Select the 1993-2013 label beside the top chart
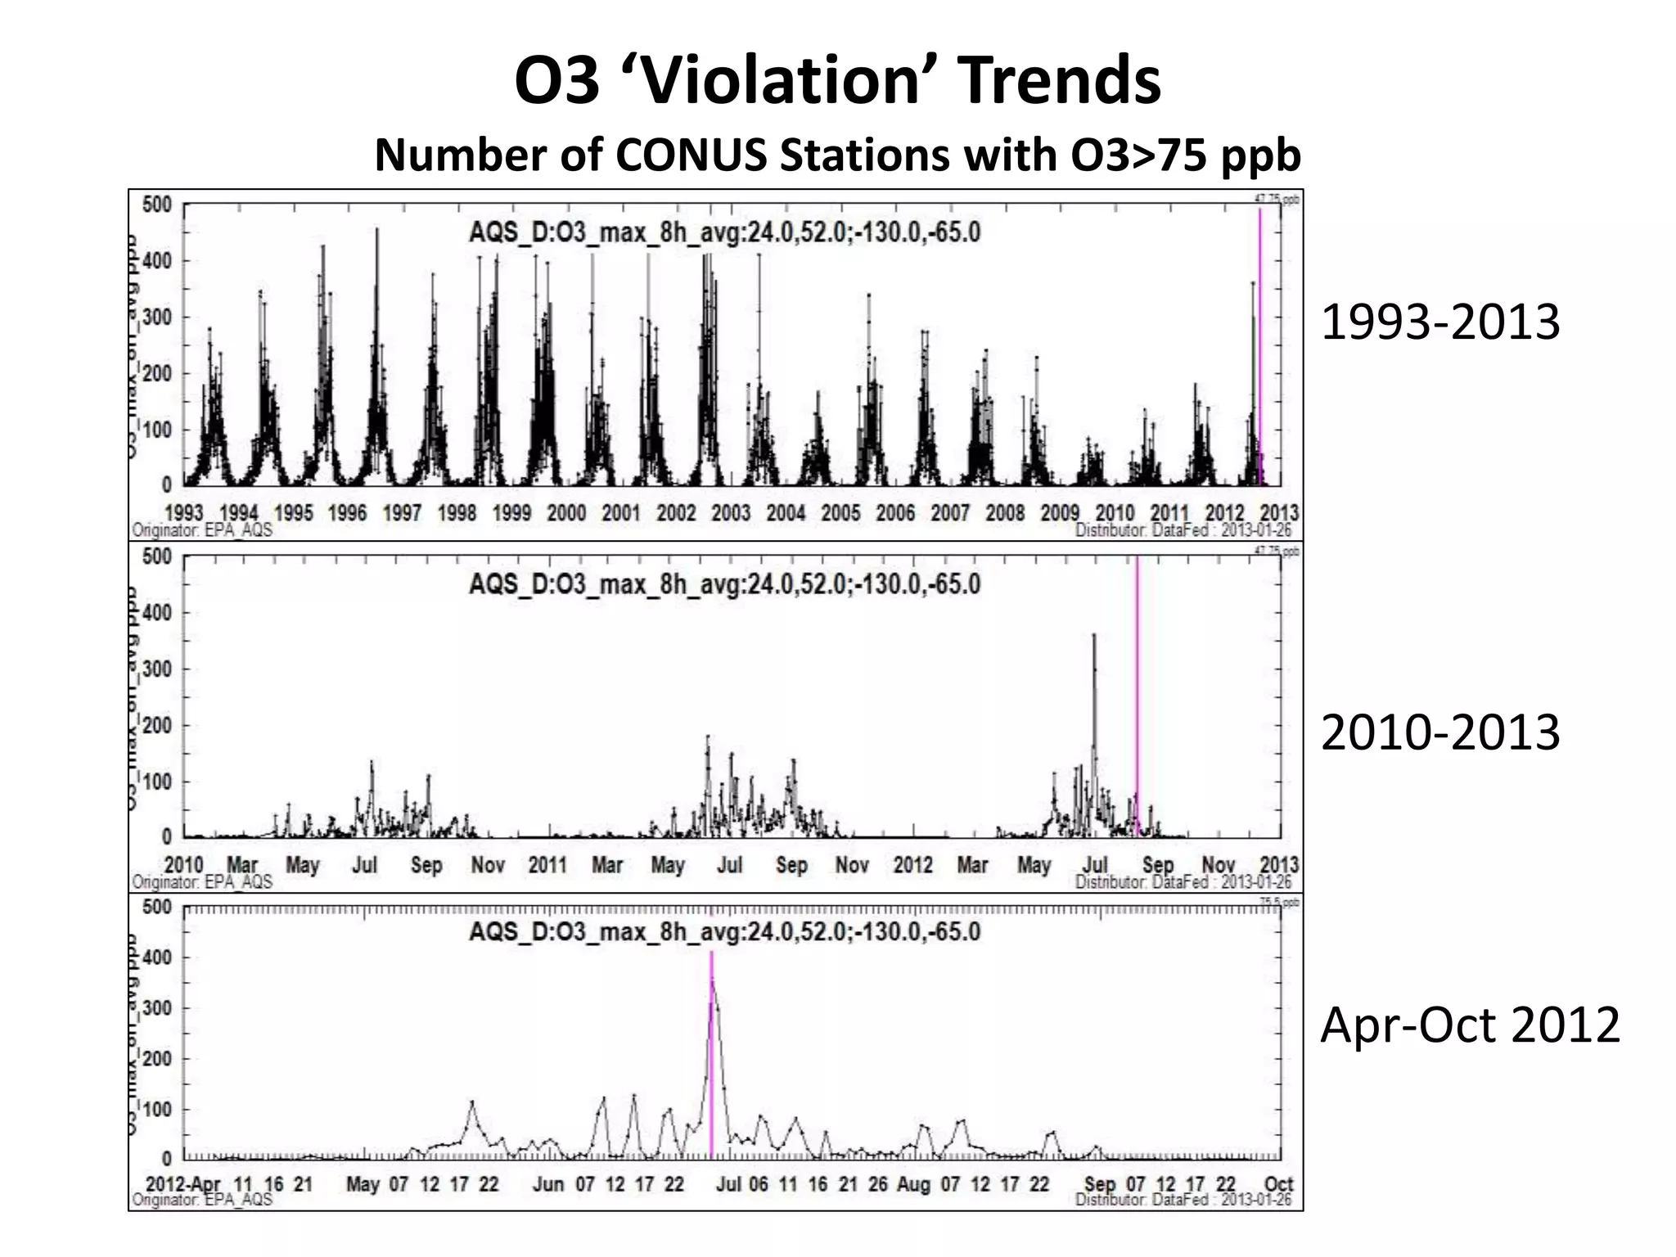pyautogui.click(x=1440, y=322)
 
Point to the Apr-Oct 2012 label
pyautogui.click(x=1470, y=1024)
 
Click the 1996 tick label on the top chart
pyautogui.click(x=347, y=513)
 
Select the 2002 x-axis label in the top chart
pyautogui.click(x=676, y=513)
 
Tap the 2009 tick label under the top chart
pyautogui.click(x=1060, y=513)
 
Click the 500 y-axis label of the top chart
pyautogui.click(x=156, y=205)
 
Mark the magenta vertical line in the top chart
pyautogui.click(x=1259, y=344)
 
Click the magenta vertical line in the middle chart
pyautogui.click(x=1137, y=696)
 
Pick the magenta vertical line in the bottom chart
pyautogui.click(x=711, y=1056)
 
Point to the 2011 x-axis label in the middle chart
pyautogui.click(x=547, y=865)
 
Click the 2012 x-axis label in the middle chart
pyautogui.click(x=912, y=865)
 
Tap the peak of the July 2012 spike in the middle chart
pyautogui.click(x=1094, y=636)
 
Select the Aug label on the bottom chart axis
pyautogui.click(x=913, y=1184)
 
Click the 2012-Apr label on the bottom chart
pyautogui.click(x=183, y=1184)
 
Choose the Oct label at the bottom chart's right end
pyautogui.click(x=1278, y=1184)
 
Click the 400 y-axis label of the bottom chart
pyautogui.click(x=156, y=957)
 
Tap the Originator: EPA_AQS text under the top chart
pyautogui.click(x=202, y=530)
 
